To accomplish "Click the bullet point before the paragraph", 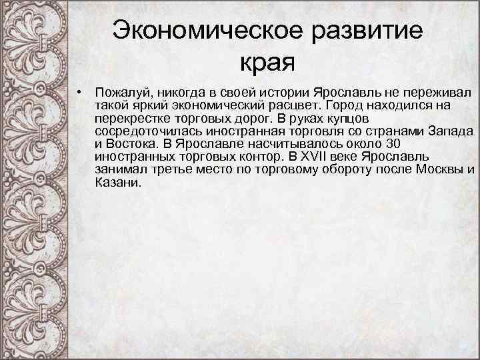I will pyautogui.click(x=79, y=91).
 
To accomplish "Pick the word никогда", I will pyautogui.click(x=177, y=91).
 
